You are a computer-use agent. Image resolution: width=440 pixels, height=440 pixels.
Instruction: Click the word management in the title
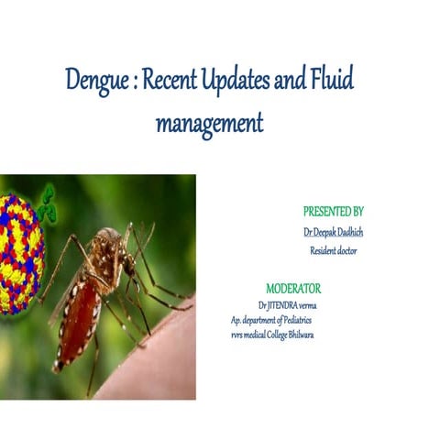[209, 122]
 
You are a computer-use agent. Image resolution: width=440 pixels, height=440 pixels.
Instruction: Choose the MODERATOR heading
[293, 288]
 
